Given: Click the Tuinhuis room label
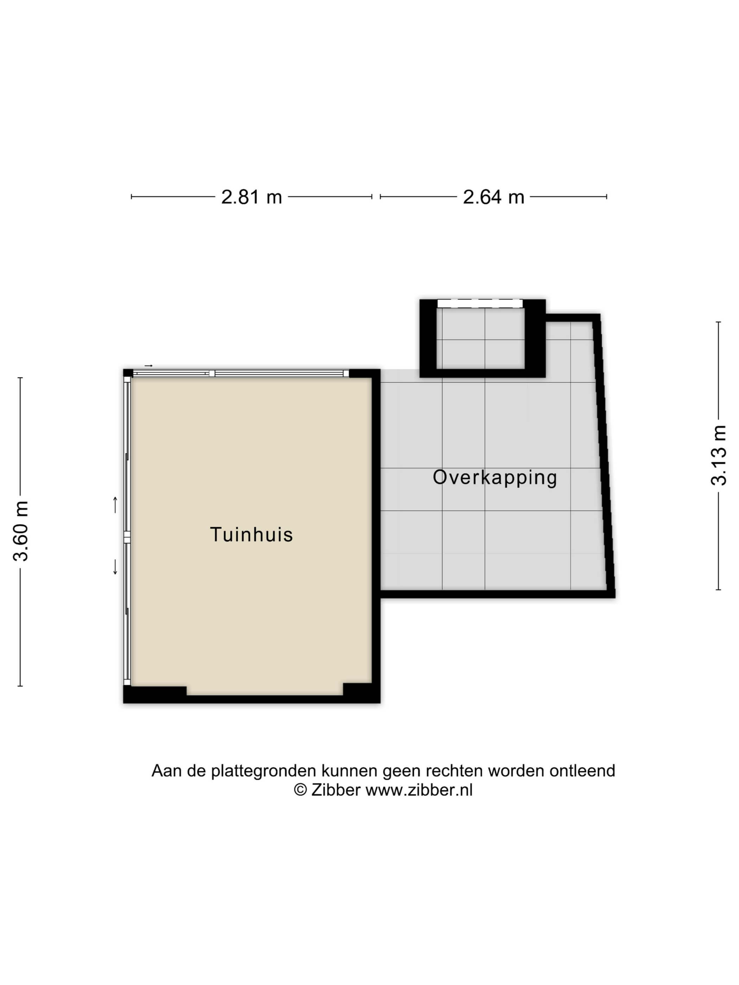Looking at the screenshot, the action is click(251, 534).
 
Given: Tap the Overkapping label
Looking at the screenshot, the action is click(495, 478).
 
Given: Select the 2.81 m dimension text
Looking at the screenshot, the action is click(252, 197).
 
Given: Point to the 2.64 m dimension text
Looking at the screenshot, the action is click(494, 197).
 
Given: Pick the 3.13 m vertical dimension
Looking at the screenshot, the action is click(719, 455).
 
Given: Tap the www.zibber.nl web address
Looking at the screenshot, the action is click(419, 790).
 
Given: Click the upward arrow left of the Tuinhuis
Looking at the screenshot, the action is click(115, 505).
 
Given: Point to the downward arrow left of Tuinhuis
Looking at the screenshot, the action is click(115, 567).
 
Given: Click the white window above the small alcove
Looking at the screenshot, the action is click(480, 303).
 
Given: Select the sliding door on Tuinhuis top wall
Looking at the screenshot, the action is click(241, 374).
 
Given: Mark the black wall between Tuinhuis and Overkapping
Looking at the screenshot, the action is click(376, 534).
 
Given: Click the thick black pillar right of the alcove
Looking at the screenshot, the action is click(535, 338).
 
